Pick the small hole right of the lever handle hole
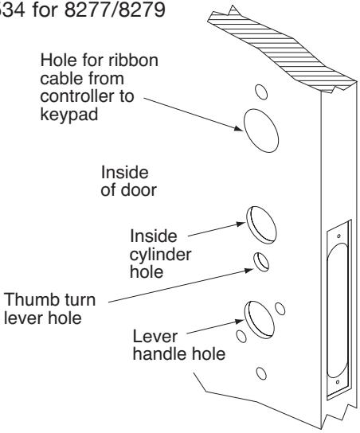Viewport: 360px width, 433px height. pos(280,309)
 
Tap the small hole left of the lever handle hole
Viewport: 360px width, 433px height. pos(241,337)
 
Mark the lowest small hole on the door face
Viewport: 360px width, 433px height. pos(261,373)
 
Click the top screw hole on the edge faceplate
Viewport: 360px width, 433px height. pos(339,236)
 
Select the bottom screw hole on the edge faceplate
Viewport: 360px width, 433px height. pos(338,382)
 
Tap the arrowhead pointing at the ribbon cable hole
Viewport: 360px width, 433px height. pos(238,128)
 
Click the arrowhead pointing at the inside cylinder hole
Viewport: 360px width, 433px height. pos(241,224)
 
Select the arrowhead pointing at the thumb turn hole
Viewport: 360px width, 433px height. pos(248,270)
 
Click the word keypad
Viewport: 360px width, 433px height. pos(69,115)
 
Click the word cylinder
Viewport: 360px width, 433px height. pos(161,256)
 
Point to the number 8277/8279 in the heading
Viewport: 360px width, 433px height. pos(115,10)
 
